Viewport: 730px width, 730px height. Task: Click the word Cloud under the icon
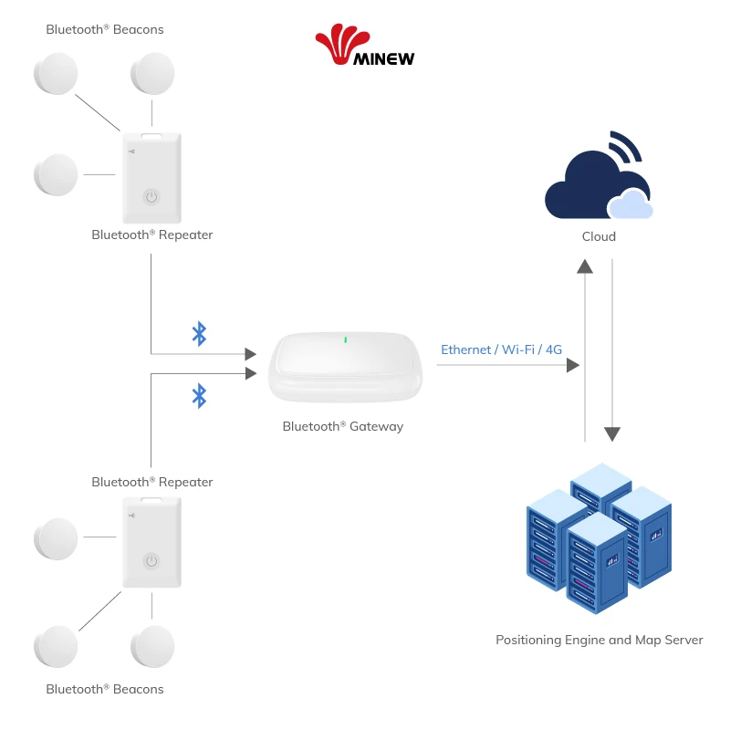pos(599,236)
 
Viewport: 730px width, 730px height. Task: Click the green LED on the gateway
pos(345,340)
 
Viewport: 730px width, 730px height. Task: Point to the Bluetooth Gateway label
pos(342,426)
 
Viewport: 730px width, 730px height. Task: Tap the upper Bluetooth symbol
pos(199,334)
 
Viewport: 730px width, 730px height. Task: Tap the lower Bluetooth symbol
pos(199,395)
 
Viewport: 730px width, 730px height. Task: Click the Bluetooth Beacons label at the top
pos(105,29)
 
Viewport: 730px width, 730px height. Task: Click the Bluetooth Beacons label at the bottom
pos(105,689)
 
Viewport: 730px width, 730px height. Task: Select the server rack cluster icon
pos(598,538)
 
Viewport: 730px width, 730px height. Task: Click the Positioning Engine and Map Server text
pos(600,640)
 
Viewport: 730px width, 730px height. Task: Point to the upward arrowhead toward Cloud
pos(585,266)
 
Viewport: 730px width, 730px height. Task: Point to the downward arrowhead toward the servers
pos(612,433)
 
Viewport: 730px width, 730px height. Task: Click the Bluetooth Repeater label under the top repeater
pos(152,235)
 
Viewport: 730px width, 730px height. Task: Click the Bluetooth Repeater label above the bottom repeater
pos(152,482)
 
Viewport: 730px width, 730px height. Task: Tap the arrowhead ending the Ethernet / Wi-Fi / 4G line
pos(573,365)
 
